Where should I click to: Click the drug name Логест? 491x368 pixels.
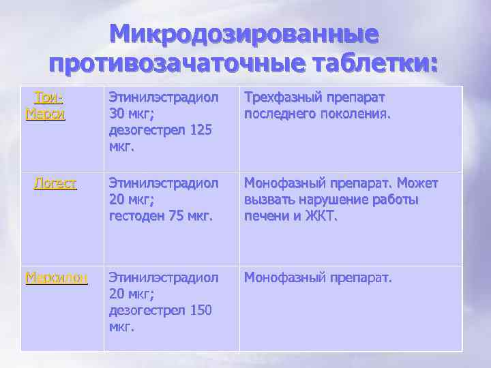(x=55, y=184)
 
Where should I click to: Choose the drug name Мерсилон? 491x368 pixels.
(x=57, y=277)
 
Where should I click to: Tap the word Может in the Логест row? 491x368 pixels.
(x=419, y=184)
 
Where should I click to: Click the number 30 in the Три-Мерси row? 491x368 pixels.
(x=118, y=114)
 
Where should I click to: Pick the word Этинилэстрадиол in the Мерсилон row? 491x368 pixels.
(x=163, y=277)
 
